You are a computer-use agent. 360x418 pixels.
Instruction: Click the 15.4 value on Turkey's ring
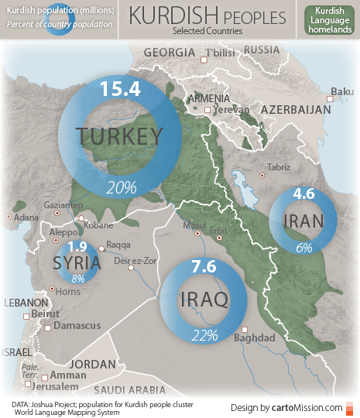click(119, 88)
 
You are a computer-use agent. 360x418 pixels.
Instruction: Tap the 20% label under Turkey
click(122, 187)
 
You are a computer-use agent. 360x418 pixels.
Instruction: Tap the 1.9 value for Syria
click(77, 247)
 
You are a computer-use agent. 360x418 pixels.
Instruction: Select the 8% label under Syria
click(77, 279)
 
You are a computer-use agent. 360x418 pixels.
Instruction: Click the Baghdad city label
click(254, 338)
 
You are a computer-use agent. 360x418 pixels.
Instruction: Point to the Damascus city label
click(77, 327)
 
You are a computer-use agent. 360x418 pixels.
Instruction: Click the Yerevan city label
click(231, 110)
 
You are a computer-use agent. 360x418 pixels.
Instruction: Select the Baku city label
click(341, 92)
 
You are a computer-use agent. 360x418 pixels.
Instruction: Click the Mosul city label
click(190, 225)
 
